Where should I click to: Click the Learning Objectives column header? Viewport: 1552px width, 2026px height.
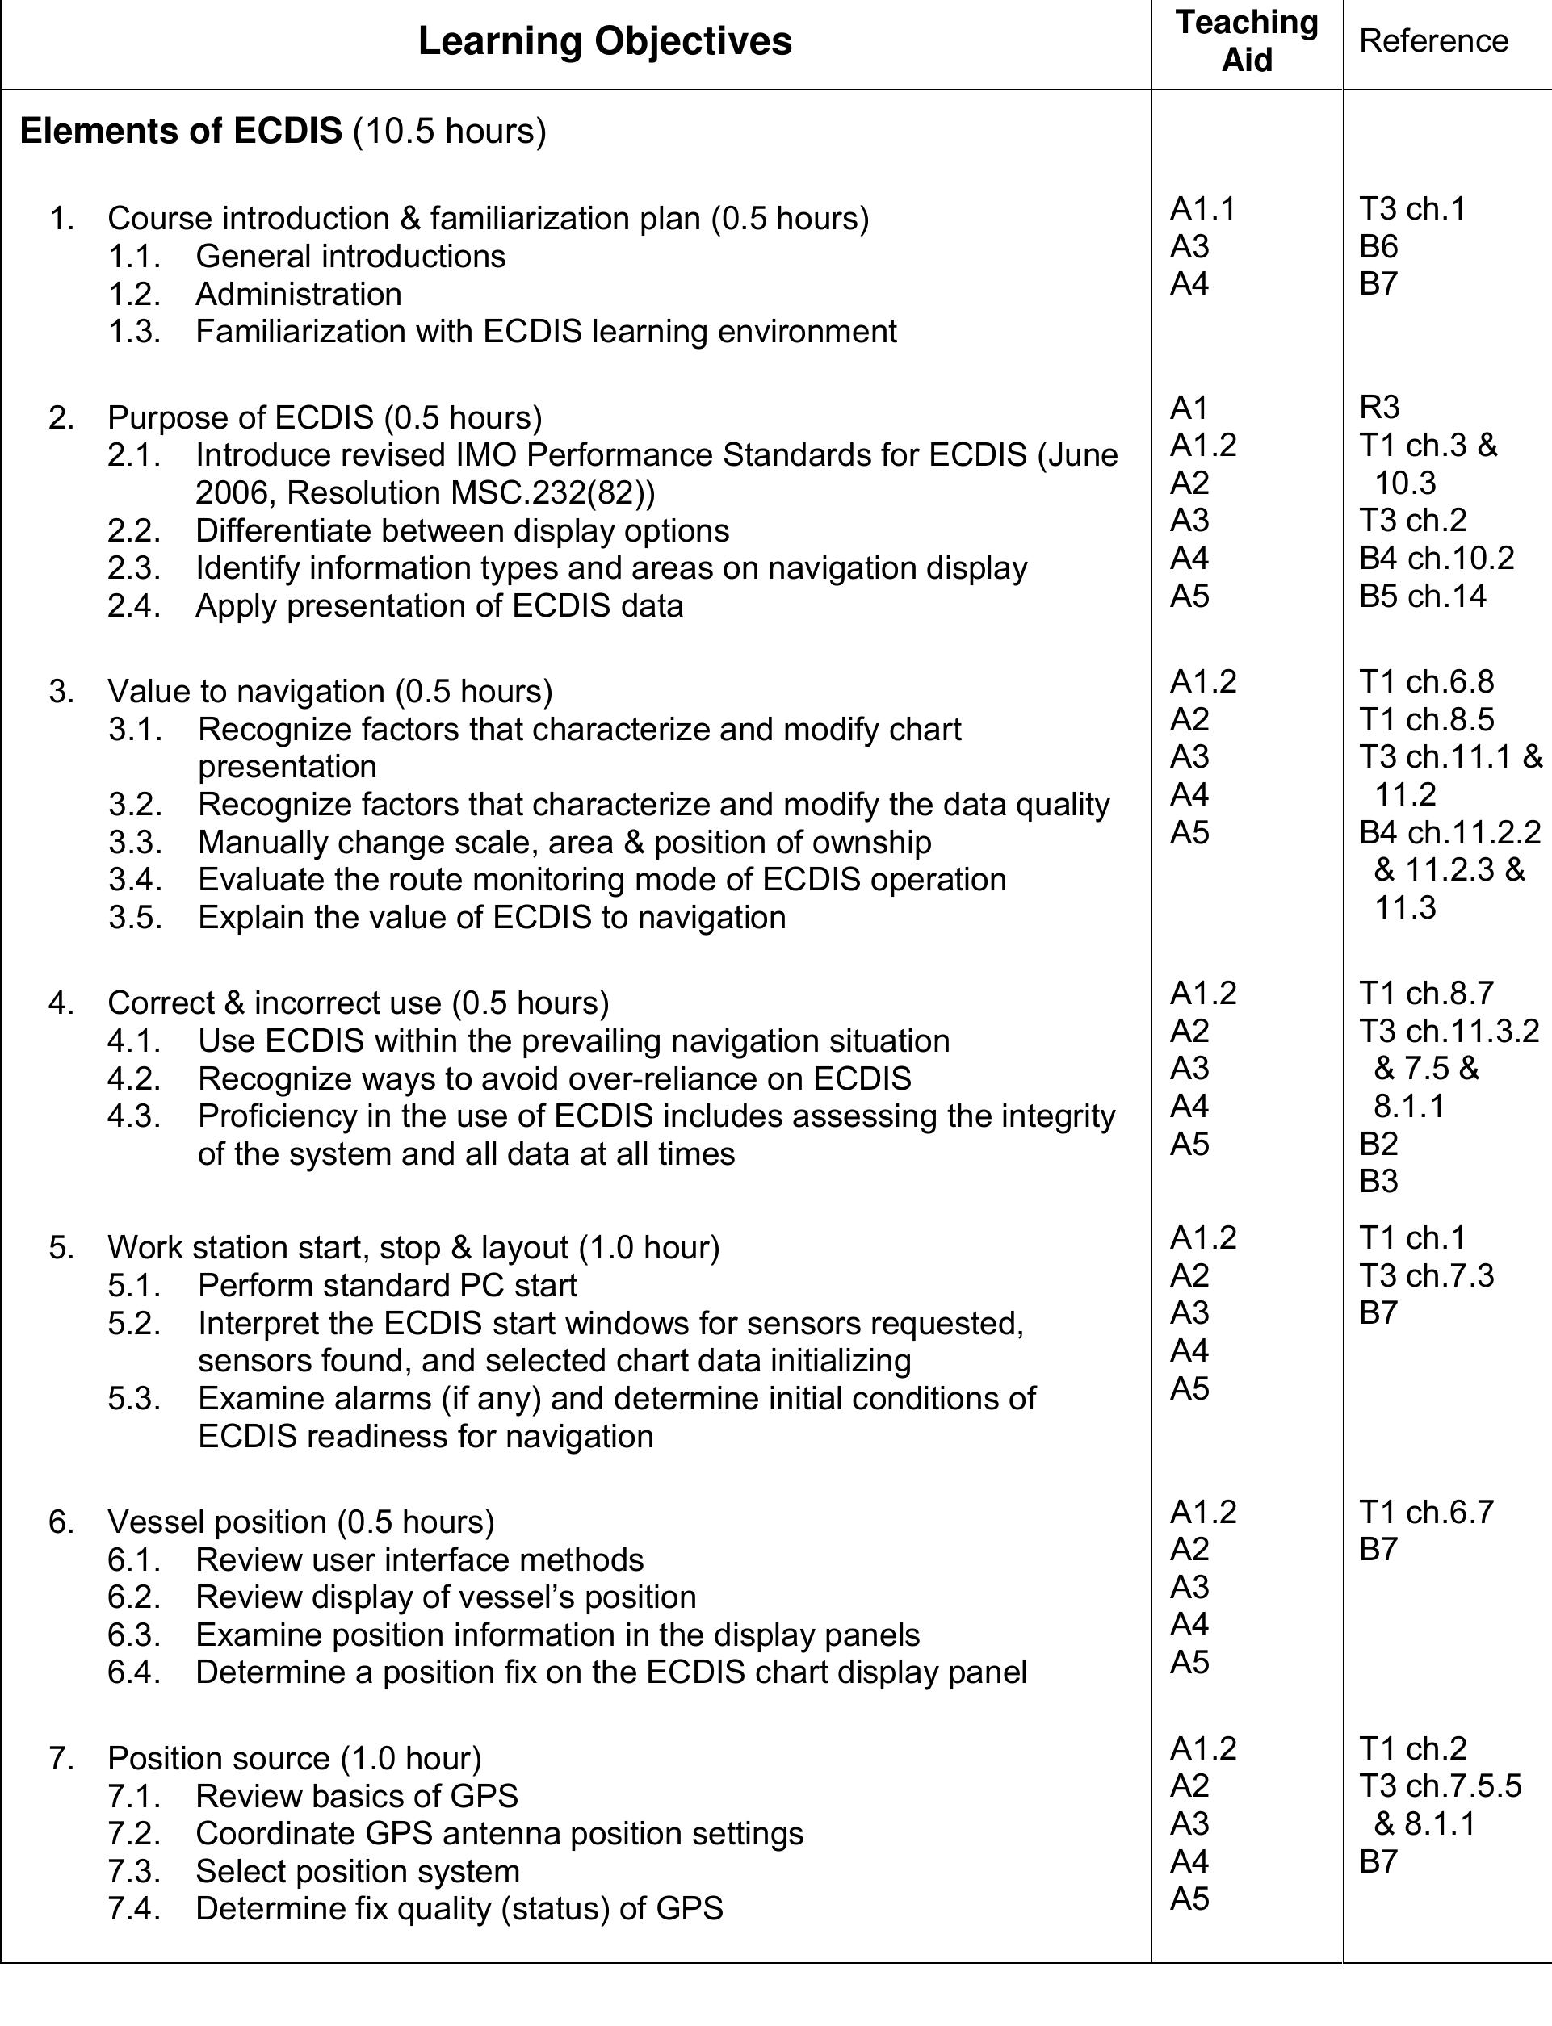pos(604,41)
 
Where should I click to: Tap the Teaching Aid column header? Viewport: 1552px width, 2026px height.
pos(1246,41)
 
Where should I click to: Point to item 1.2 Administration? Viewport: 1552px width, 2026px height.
pos(297,294)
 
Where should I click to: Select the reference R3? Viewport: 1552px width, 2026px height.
pos(1379,408)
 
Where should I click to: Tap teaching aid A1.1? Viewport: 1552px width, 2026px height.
pos(1202,210)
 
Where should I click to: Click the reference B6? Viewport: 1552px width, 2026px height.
pos(1378,246)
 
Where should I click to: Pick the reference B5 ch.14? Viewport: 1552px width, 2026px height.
pos(1422,596)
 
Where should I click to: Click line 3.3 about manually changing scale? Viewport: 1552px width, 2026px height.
pos(564,842)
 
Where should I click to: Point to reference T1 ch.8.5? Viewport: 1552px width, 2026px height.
pos(1425,719)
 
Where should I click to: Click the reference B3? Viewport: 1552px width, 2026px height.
pos(1378,1181)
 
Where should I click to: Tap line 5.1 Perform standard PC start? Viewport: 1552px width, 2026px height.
pos(386,1285)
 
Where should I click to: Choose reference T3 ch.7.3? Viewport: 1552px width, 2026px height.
pos(1425,1275)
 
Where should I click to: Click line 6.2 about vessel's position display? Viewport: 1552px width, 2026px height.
pos(445,1597)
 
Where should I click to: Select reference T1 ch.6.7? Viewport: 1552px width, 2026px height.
pos(1425,1512)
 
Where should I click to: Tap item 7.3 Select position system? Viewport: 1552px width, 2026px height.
pos(357,1871)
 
